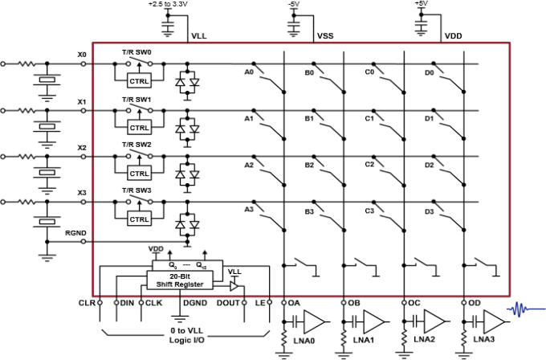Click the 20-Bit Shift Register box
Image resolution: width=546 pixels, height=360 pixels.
pyautogui.click(x=180, y=280)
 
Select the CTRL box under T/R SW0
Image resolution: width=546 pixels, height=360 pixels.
pyautogui.click(x=140, y=80)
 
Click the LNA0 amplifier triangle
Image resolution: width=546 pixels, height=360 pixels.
pyautogui.click(x=316, y=322)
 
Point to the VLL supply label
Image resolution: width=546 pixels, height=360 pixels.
pyautogui.click(x=198, y=36)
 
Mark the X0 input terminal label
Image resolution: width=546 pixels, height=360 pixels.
pyautogui.click(x=81, y=55)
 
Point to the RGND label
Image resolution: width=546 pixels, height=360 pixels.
pyautogui.click(x=75, y=232)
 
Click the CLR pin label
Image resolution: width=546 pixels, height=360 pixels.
pyautogui.click(x=86, y=303)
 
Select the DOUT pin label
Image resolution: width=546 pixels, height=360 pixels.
pyautogui.click(x=229, y=303)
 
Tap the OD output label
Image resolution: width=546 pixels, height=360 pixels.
pyautogui.click(x=475, y=303)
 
